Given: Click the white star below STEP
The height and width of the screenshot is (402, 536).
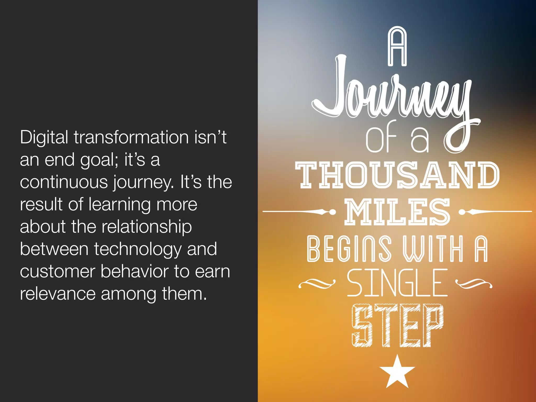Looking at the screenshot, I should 397,373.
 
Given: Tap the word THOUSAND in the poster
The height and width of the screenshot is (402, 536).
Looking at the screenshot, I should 397,175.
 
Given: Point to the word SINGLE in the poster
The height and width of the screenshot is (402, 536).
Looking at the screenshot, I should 397,283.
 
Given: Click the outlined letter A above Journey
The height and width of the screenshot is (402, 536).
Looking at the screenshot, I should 397,46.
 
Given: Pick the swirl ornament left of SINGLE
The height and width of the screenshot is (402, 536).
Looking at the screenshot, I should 317,283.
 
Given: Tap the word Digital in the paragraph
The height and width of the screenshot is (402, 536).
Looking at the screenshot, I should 44,137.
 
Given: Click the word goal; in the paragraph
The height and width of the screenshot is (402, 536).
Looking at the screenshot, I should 99,160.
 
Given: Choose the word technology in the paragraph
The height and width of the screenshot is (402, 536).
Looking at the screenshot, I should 138,249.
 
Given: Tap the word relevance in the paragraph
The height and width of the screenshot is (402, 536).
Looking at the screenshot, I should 58,294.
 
